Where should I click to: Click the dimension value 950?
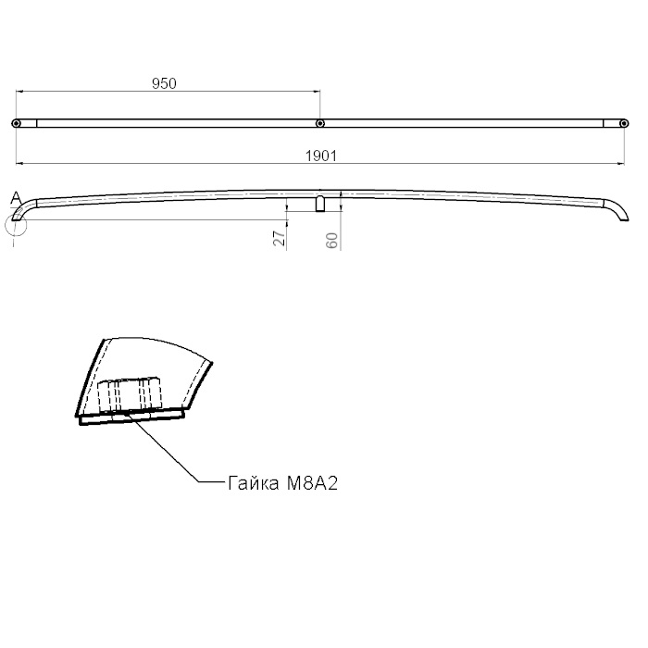(x=164, y=83)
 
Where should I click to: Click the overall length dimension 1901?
(x=321, y=156)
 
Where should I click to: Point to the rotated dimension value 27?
(x=280, y=239)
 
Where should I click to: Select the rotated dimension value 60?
(x=331, y=241)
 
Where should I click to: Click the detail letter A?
(x=16, y=198)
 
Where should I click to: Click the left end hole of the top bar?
(x=16, y=123)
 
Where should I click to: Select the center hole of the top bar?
(x=320, y=123)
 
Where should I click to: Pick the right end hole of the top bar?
(x=624, y=123)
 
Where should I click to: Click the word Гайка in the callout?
(x=254, y=482)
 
